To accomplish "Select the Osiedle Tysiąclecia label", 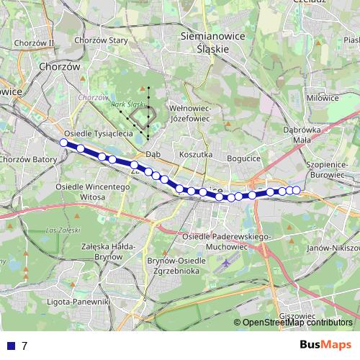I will [x=98, y=134].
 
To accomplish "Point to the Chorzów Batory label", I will [x=28, y=159].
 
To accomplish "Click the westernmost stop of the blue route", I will [x=63, y=143].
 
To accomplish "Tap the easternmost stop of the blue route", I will [x=296, y=190].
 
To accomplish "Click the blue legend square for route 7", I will [x=9, y=346].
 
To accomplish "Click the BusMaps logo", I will [x=325, y=345].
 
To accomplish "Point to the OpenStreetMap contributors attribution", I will [x=297, y=323].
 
